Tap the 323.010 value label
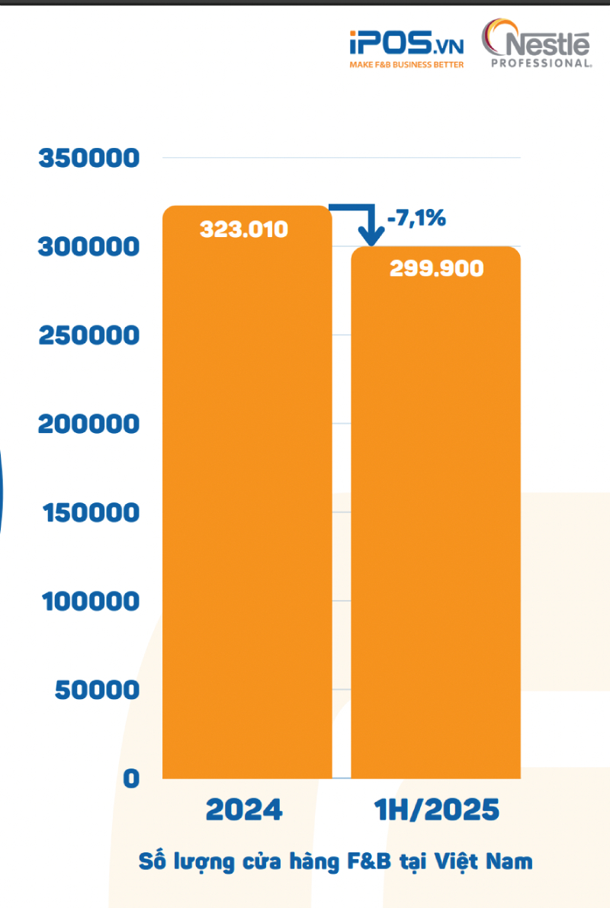(244, 229)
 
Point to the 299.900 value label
(436, 268)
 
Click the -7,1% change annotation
(416, 219)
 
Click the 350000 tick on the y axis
(89, 159)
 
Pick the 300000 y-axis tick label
(89, 247)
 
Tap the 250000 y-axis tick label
(89, 335)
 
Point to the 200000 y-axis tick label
(89, 424)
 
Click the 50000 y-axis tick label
(98, 690)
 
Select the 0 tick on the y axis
(131, 778)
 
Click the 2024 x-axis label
(244, 810)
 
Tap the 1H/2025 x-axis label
(436, 810)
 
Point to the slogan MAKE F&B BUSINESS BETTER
(406, 66)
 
